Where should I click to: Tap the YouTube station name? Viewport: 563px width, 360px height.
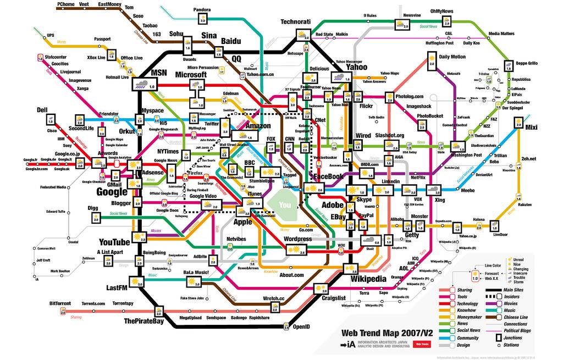click(x=114, y=242)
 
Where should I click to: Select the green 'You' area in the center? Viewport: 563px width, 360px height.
click(x=285, y=204)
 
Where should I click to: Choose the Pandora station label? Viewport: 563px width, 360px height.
click(x=202, y=10)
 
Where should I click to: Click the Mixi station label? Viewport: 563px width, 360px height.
click(x=531, y=128)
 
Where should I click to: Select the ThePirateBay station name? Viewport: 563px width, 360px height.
click(x=143, y=321)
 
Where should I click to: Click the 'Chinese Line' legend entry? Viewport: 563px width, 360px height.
click(x=515, y=317)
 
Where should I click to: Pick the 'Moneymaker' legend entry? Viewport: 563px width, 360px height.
click(x=469, y=317)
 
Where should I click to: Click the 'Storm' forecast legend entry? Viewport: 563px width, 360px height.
click(x=518, y=281)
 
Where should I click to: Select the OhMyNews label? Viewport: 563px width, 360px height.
click(x=441, y=10)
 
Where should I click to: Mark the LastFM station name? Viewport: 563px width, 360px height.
click(x=117, y=288)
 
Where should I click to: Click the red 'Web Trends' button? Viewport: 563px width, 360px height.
click(x=422, y=344)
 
